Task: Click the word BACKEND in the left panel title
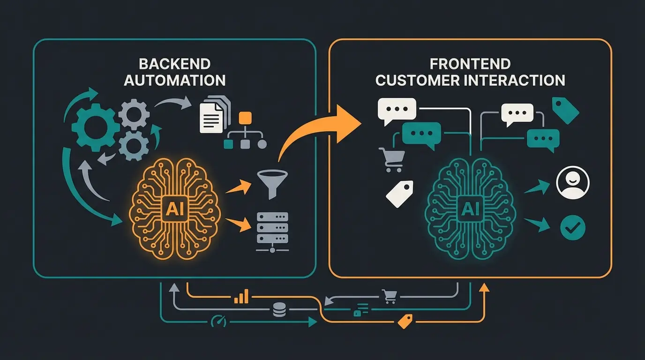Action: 174,64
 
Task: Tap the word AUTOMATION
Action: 174,80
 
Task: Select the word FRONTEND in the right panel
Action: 470,64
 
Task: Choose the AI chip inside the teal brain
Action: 470,209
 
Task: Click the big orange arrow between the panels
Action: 323,131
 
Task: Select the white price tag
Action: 400,194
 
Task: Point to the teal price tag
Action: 565,110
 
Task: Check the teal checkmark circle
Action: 573,228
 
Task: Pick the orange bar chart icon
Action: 242,296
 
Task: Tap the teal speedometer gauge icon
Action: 218,322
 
